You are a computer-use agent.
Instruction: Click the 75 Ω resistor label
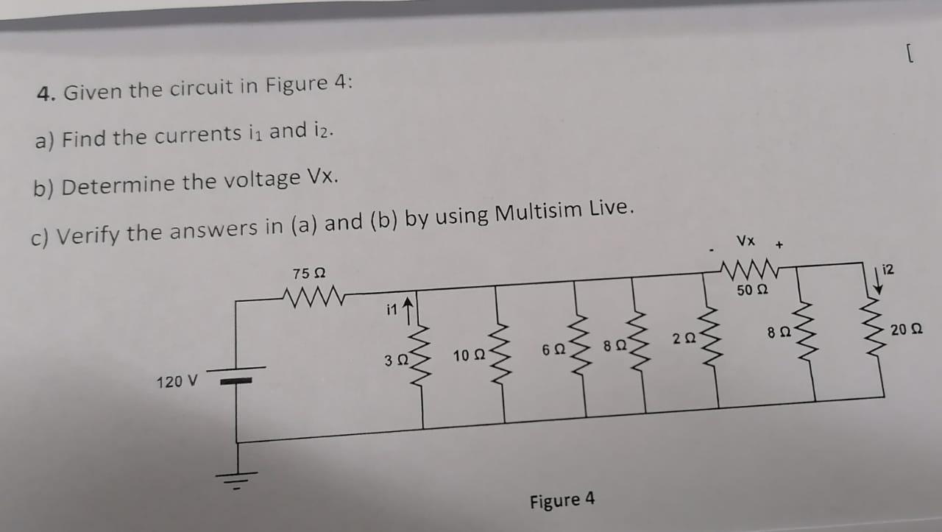click(x=308, y=274)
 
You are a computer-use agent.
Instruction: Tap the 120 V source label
click(x=177, y=382)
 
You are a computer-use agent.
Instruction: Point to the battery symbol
click(x=235, y=375)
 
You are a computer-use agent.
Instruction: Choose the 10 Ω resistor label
click(x=468, y=356)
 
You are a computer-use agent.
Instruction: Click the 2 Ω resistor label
click(x=683, y=339)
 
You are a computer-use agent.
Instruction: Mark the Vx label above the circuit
click(x=746, y=241)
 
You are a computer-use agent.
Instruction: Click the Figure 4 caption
click(x=562, y=501)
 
